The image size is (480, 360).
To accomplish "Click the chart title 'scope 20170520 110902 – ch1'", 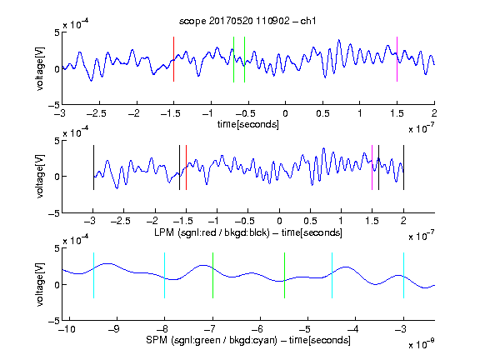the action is (247, 21).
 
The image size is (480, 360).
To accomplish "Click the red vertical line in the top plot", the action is (173, 59).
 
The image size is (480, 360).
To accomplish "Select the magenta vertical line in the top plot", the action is (397, 59).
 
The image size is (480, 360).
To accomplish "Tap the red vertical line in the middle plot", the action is (186, 167).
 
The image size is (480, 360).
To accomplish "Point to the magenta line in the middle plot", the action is (372, 167).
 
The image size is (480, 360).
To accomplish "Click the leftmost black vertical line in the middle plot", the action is (93, 167).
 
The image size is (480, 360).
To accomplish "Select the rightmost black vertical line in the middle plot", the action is (403, 167).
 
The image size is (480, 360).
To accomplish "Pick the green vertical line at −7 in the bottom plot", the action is (212, 275).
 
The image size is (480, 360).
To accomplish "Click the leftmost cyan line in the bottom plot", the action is (93, 275).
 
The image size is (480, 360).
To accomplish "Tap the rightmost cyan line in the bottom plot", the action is (403, 275).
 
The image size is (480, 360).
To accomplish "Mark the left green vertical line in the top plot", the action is (233, 59).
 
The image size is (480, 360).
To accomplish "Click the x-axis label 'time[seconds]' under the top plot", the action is (248, 124).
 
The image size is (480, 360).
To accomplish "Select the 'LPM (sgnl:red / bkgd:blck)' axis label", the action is (212, 232).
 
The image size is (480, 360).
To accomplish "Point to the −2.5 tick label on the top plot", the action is (96, 113).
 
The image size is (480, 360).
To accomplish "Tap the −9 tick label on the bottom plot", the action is (114, 329).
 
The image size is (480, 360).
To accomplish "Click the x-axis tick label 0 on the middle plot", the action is (279, 221).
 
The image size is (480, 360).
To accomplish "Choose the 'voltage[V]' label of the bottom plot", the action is (40, 284).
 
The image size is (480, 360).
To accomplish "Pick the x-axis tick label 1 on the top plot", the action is (360, 113).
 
